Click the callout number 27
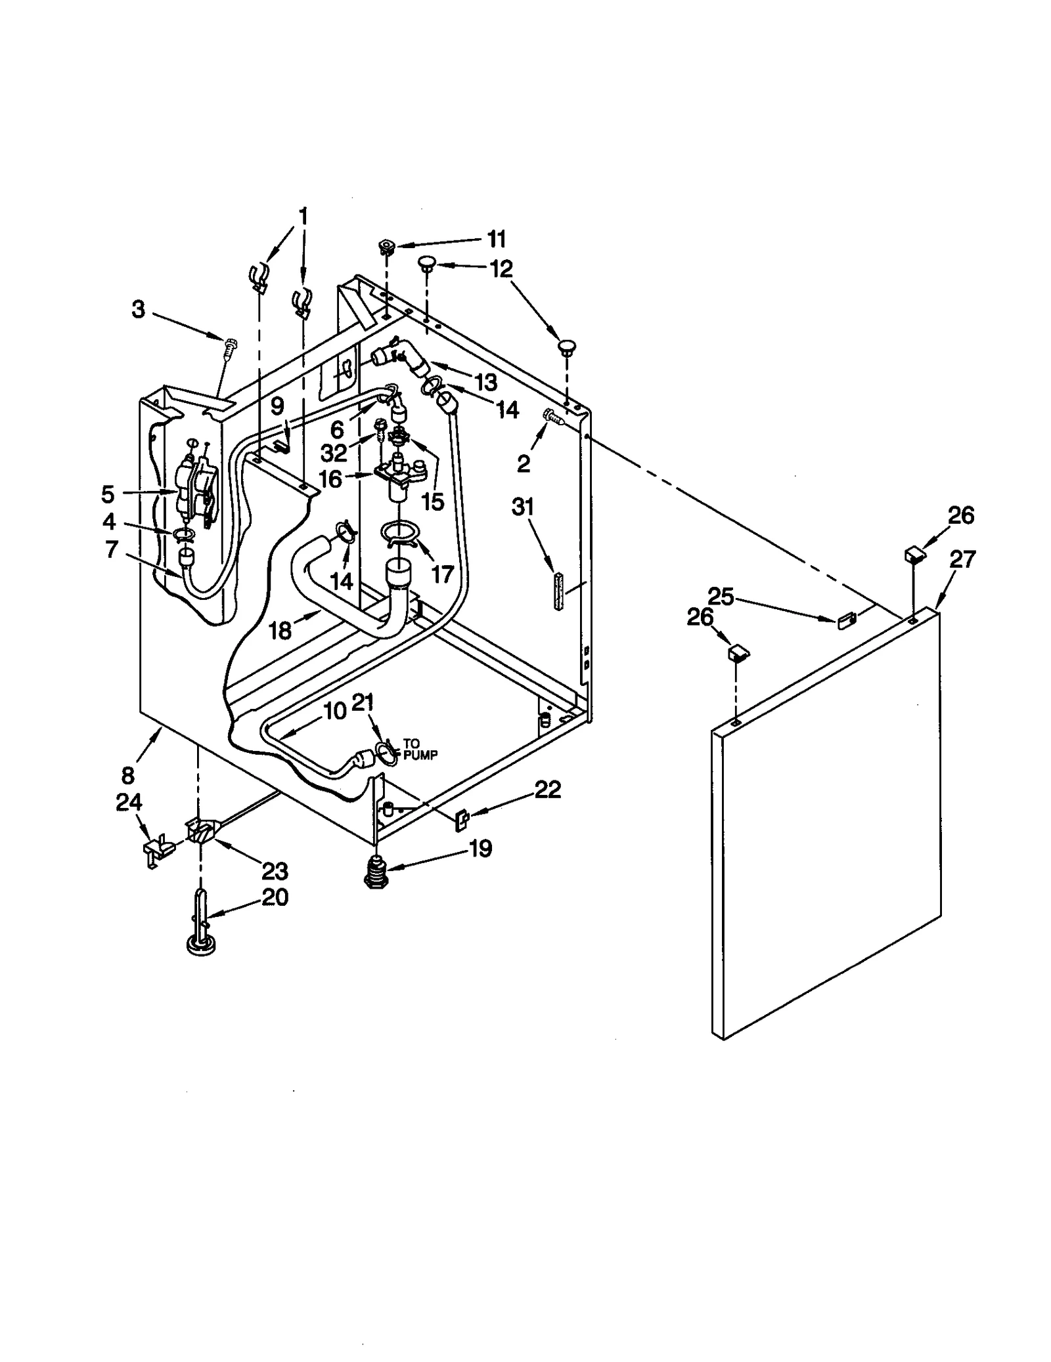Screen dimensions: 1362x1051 click(962, 559)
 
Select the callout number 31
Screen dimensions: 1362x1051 click(523, 507)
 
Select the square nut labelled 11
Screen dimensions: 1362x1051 click(386, 247)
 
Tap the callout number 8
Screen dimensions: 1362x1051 click(127, 775)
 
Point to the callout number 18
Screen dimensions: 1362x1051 click(280, 631)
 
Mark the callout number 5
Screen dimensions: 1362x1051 click(108, 494)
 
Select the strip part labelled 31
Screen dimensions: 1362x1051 click(558, 591)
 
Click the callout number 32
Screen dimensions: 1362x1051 click(334, 452)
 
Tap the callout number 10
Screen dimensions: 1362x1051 click(335, 711)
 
